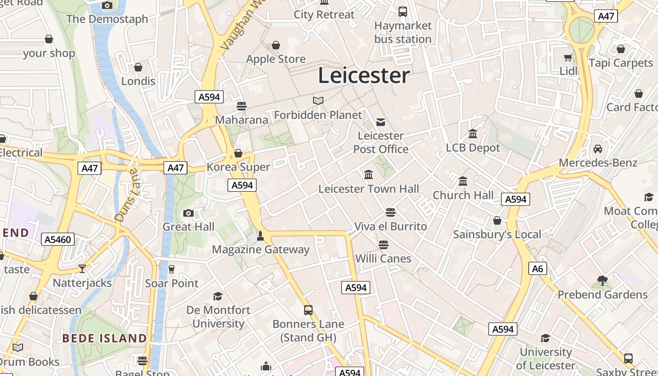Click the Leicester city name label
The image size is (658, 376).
coord(364,76)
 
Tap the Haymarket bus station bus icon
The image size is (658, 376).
coord(403,12)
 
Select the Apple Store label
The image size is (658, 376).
coord(276,59)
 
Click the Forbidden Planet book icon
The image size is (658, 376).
coord(318,101)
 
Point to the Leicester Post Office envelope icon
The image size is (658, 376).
coord(381,122)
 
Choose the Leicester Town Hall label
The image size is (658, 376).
coord(368,189)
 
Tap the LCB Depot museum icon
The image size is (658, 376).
coord(473,134)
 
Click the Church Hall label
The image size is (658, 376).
coord(463,195)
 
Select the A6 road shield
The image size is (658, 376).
coord(538,268)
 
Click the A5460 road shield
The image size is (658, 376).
coord(58,239)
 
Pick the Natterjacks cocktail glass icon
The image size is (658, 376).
coord(82,268)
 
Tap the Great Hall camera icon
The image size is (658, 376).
coord(188,213)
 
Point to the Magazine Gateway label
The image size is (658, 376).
coord(261,250)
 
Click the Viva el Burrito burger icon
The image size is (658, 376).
coord(390,212)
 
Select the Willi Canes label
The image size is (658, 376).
coord(383,258)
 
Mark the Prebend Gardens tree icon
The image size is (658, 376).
coord(603,281)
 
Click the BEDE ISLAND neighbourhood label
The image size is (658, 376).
coord(104,338)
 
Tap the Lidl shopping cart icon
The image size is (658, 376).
coord(568,58)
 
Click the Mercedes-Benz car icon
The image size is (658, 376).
coord(598,149)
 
